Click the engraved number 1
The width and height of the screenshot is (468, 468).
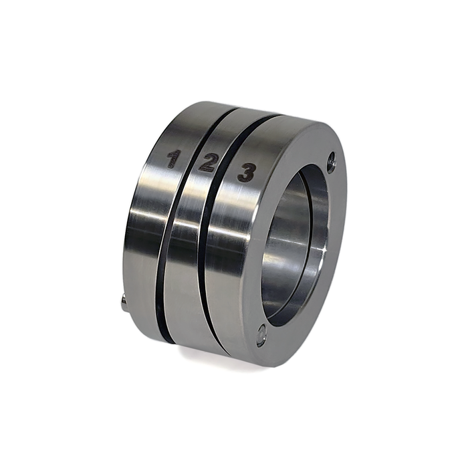(x=173, y=158)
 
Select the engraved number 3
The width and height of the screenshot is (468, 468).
(x=246, y=173)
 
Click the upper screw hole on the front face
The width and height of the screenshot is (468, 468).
(x=331, y=161)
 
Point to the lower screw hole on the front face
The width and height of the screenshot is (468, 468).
(x=261, y=334)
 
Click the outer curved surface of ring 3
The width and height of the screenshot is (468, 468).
(x=227, y=281)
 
